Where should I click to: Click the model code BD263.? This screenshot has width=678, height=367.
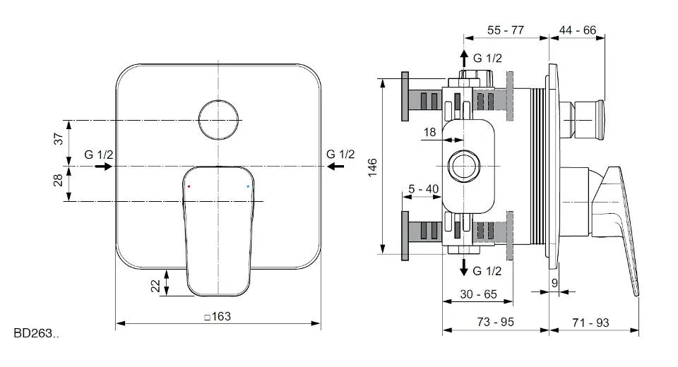[x=36, y=333]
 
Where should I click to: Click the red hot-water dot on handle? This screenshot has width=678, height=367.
[x=189, y=186]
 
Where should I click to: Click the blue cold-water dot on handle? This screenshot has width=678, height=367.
[x=247, y=186]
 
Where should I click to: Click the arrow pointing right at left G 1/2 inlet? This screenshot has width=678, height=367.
[x=102, y=167]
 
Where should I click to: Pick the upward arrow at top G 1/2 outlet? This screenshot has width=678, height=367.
[x=463, y=57]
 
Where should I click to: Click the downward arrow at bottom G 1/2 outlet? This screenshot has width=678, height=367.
[x=463, y=266]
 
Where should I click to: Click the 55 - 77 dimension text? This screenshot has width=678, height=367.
[x=506, y=30]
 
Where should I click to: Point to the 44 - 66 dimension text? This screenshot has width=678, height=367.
[x=577, y=30]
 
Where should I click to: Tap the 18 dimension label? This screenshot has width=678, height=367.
[x=430, y=131]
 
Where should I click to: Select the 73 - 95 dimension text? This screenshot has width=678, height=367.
[x=494, y=323]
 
